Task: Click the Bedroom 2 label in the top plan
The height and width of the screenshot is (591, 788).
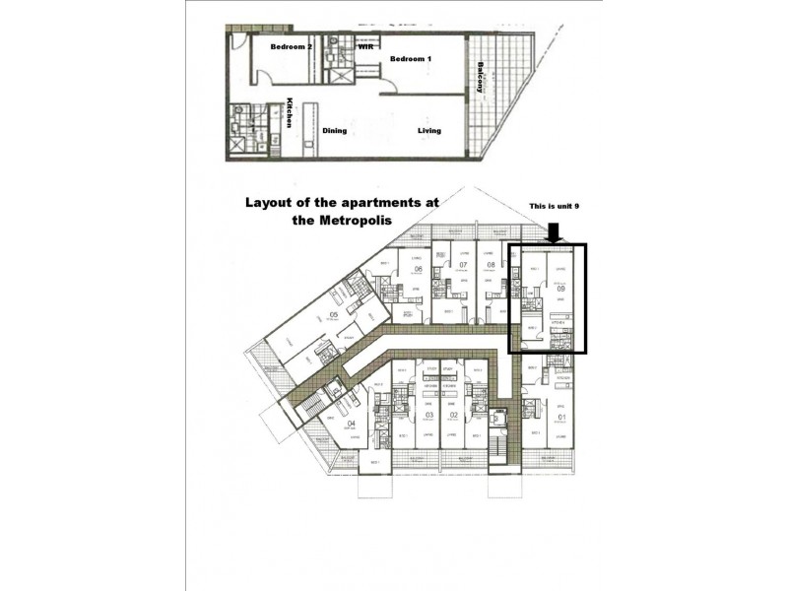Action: pos(291,46)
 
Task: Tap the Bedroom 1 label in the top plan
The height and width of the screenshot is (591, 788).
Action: pos(410,59)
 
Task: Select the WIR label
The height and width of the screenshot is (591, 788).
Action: pos(363,45)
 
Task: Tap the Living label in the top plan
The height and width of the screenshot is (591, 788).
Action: pos(428,130)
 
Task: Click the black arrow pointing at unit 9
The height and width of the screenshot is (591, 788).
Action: pos(555,232)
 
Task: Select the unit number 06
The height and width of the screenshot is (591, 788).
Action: pos(418,269)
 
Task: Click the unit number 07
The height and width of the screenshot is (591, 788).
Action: pos(461,265)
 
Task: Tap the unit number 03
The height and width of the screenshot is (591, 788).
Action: pos(428,416)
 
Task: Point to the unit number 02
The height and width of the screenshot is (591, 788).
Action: pos(454,416)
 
